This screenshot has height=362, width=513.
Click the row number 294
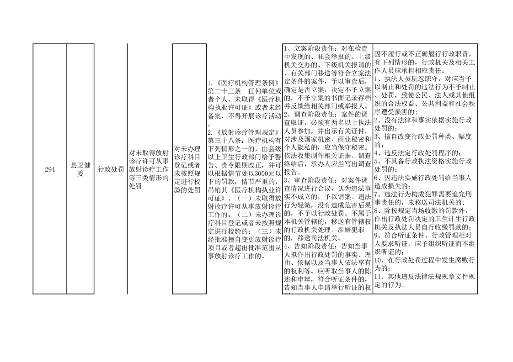coord(50,169)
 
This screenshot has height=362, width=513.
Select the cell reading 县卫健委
coord(80,169)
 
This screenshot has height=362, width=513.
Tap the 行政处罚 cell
coord(111,169)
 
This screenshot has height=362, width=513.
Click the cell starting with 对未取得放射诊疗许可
coord(149,169)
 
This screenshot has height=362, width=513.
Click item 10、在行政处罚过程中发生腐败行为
coord(425,264)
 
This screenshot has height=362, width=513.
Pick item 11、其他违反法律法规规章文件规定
coord(425,281)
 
